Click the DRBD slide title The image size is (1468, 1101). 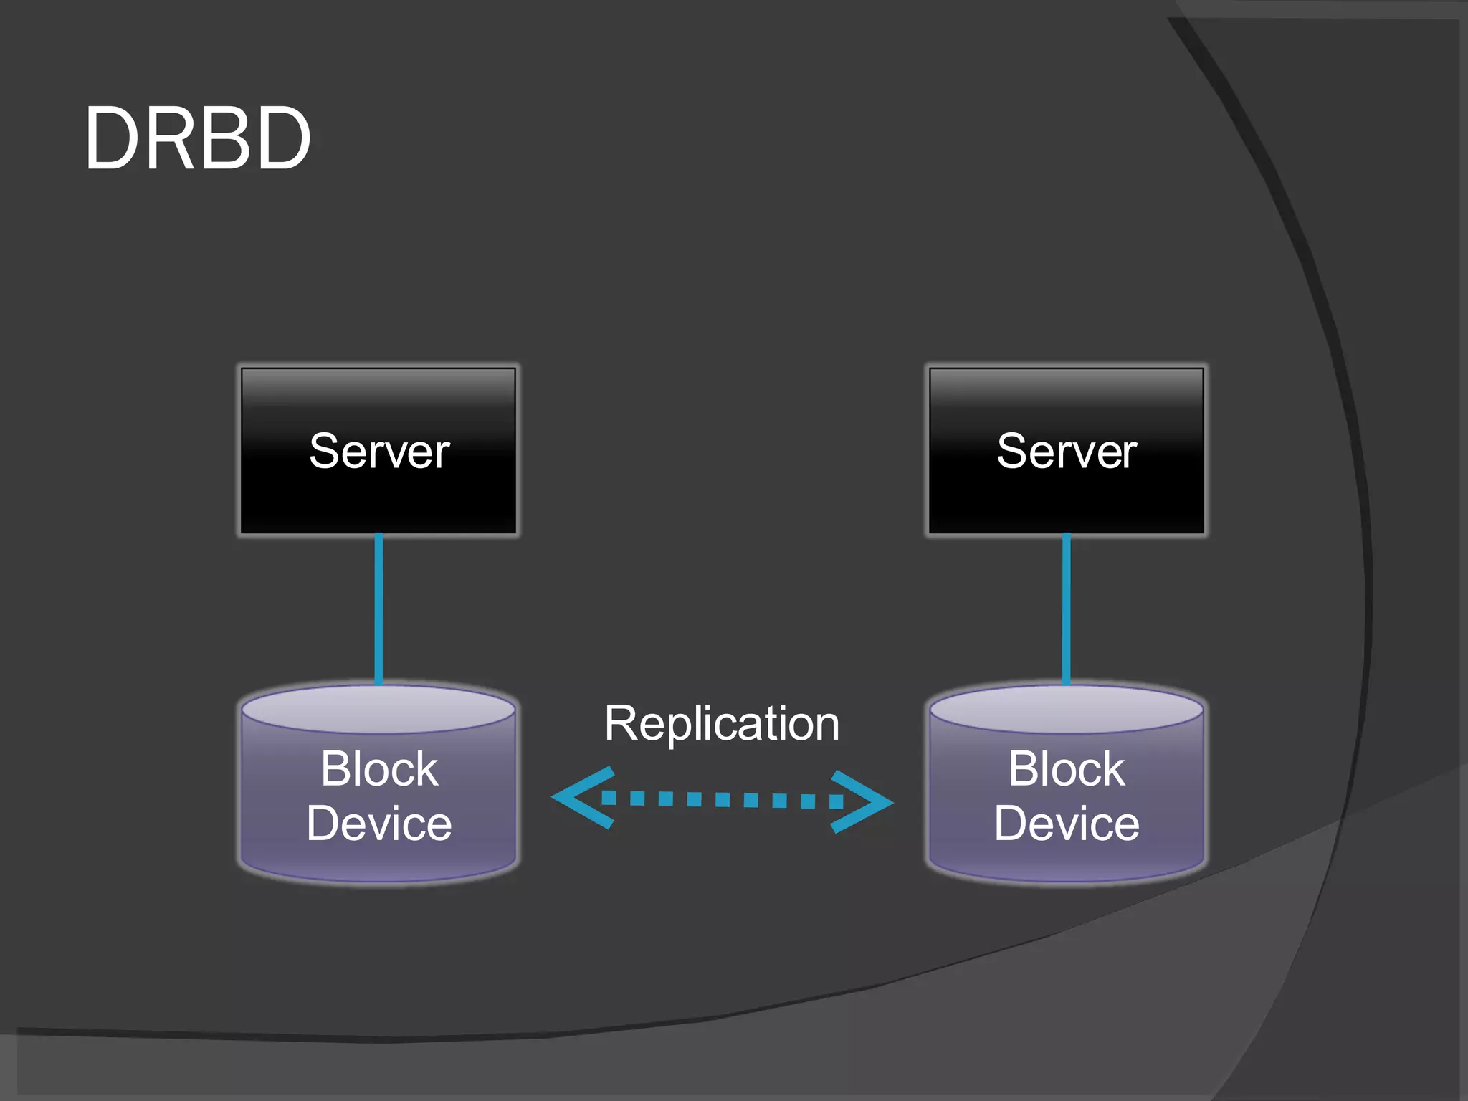pyautogui.click(x=198, y=138)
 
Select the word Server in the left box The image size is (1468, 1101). pyautogui.click(x=379, y=452)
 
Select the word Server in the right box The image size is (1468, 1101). pyautogui.click(x=1067, y=452)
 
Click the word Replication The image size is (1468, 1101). pyautogui.click(x=722, y=723)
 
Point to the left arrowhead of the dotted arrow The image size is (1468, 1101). pyautogui.click(x=578, y=798)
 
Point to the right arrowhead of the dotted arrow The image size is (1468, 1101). pyautogui.click(x=867, y=802)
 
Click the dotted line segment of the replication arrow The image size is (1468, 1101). pyautogui.click(x=723, y=799)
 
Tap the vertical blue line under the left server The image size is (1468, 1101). pyautogui.click(x=378, y=609)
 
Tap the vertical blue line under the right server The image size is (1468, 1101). pyautogui.click(x=1067, y=609)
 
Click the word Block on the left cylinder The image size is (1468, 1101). pyautogui.click(x=379, y=769)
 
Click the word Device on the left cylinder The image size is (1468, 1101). pyautogui.click(x=379, y=823)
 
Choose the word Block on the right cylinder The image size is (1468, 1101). pyautogui.click(x=1067, y=769)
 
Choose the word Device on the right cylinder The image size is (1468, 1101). pyautogui.click(x=1067, y=823)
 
